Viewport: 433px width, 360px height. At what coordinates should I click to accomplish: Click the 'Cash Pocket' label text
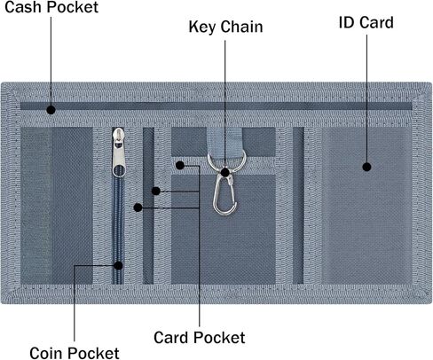[51, 7]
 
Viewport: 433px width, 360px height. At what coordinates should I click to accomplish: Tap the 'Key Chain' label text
[225, 27]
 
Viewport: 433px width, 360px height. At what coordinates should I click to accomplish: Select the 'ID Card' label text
[366, 22]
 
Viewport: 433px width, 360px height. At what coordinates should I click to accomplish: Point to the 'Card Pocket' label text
[200, 337]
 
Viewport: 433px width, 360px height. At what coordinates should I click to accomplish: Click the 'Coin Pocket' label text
[75, 353]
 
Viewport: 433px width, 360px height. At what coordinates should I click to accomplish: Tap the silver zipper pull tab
[119, 153]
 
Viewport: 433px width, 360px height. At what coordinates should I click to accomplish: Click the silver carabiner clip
[224, 192]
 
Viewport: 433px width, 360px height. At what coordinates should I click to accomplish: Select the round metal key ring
[226, 162]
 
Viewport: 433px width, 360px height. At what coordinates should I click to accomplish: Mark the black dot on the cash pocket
[51, 110]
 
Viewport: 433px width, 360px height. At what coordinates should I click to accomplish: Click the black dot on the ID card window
[366, 167]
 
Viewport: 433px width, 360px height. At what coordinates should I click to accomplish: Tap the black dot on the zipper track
[118, 265]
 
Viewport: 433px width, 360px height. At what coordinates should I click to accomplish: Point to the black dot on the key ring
[225, 172]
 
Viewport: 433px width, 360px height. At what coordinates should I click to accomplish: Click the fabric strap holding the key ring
[224, 141]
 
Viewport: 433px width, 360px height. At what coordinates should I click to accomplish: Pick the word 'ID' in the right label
[346, 22]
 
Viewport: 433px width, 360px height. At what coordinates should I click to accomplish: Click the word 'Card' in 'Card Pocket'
[170, 337]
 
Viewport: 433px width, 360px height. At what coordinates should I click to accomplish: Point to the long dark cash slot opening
[216, 106]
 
